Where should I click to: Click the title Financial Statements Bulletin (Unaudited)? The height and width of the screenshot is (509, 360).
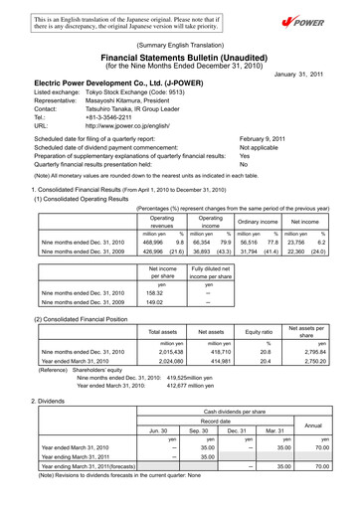pos(181,59)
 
